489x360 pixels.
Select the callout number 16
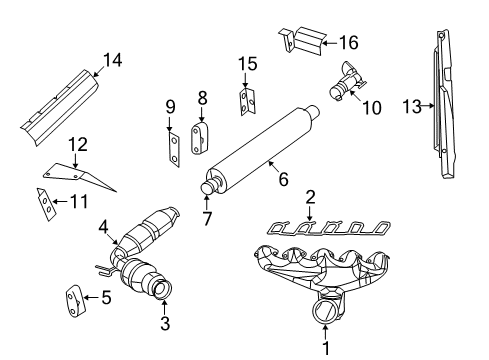[x=347, y=42]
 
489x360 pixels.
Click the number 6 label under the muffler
[x=283, y=182]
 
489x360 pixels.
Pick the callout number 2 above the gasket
[x=310, y=197]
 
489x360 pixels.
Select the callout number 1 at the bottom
[x=324, y=349]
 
